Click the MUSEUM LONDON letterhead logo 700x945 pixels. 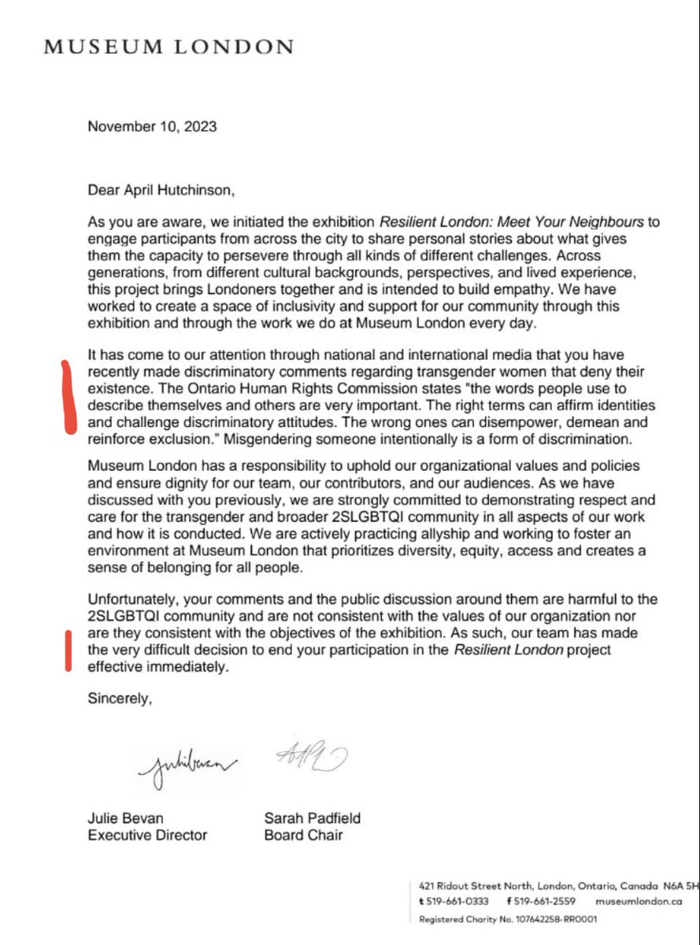(169, 47)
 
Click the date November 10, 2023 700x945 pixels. (152, 126)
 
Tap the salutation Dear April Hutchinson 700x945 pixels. (161, 190)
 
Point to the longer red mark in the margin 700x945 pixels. (68, 398)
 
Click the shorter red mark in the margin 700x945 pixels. (69, 650)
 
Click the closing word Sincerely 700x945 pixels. (119, 699)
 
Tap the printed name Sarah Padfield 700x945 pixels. (313, 818)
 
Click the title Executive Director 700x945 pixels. (147, 835)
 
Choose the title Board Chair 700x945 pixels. (303, 835)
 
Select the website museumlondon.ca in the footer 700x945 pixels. (639, 901)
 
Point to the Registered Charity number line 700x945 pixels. (508, 919)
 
